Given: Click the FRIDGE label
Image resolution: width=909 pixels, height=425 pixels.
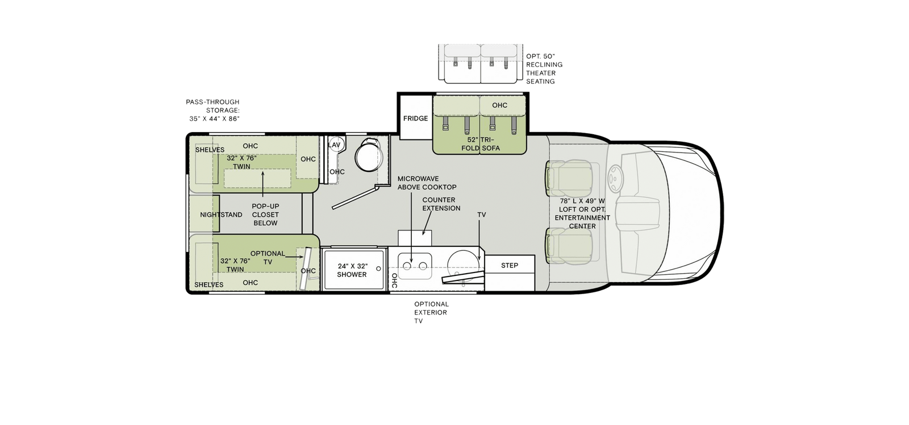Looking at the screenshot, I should click(415, 118).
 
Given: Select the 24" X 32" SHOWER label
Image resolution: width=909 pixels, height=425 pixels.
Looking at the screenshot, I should click(352, 270).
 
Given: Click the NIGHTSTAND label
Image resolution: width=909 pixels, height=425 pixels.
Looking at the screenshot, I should click(221, 214).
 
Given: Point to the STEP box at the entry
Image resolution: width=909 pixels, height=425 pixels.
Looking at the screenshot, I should click(509, 265).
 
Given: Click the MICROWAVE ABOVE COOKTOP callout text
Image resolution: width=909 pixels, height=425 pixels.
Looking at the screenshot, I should click(427, 183).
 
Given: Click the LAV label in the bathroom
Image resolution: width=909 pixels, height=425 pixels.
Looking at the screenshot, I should click(334, 145).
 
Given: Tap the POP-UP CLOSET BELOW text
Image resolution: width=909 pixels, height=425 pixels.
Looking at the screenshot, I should click(265, 214).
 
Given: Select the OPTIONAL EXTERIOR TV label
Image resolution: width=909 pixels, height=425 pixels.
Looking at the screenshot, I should click(431, 312).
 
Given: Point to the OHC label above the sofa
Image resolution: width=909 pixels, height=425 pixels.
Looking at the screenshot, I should click(499, 105).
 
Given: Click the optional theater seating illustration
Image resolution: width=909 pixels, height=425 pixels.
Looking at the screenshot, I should click(481, 64).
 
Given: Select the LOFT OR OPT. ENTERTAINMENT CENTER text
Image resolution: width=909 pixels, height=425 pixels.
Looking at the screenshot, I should click(582, 213).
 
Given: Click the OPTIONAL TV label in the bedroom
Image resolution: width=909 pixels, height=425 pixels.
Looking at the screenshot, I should click(268, 257).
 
